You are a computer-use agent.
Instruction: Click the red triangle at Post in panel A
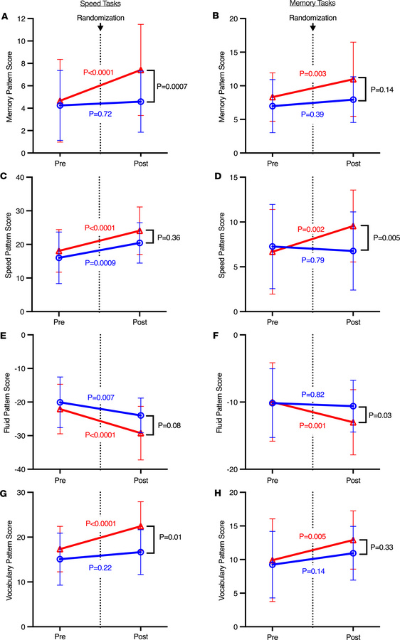140,70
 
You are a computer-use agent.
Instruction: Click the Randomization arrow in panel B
312,27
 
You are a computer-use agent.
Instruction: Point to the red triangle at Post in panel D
352,226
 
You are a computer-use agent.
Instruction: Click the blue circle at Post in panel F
352,406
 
